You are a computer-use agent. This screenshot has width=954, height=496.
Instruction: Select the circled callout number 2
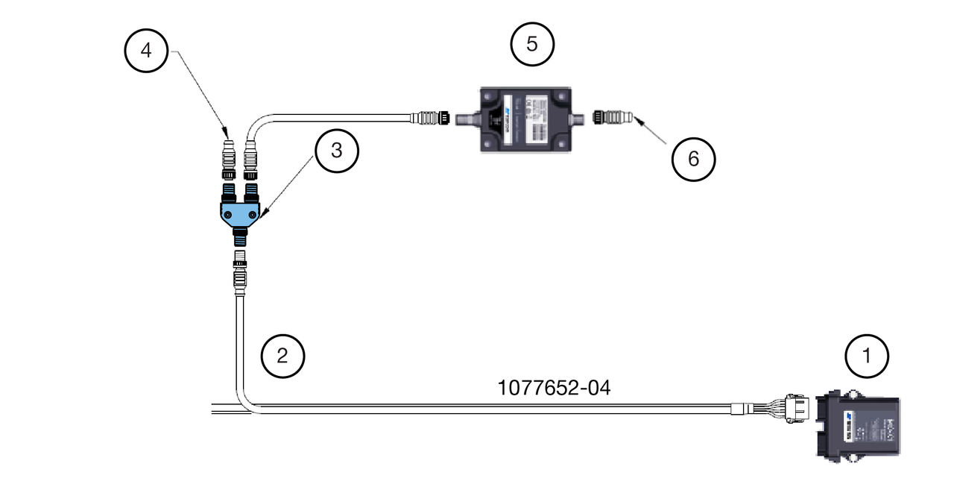point(282,356)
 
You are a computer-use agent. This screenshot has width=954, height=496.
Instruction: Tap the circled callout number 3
point(337,151)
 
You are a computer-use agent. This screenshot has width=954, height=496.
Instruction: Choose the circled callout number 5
point(532,44)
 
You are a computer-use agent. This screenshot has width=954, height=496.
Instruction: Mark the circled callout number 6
point(694,159)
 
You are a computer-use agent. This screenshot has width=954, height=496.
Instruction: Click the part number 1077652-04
point(554,388)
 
